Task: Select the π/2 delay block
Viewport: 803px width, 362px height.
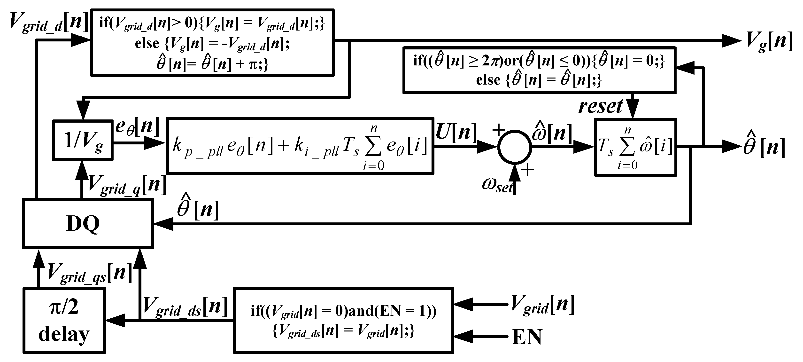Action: click(64, 320)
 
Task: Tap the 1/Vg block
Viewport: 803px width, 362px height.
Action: click(83, 140)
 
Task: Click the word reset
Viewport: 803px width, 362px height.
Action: click(600, 106)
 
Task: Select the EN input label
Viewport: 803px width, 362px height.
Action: click(527, 337)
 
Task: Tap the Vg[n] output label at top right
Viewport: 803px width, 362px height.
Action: click(768, 41)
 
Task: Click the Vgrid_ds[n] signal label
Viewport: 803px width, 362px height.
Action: click(185, 307)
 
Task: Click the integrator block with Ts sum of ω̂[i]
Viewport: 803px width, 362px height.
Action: click(635, 147)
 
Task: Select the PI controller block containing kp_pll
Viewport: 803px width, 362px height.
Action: click(300, 146)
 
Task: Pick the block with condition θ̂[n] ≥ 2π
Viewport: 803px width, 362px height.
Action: click(539, 70)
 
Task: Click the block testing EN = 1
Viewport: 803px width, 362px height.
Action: click(343, 320)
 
